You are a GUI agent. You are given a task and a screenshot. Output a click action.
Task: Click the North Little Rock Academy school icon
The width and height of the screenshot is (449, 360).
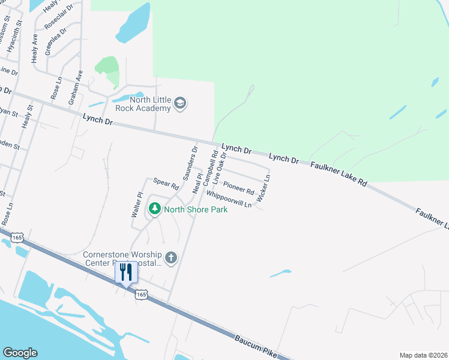click(x=179, y=104)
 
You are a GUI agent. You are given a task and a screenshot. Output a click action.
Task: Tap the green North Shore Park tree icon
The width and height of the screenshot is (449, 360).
click(x=155, y=209)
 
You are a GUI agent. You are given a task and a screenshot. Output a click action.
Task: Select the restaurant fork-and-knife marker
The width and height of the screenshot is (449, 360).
click(x=126, y=273)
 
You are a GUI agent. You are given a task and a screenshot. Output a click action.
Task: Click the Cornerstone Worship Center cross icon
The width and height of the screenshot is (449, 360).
click(x=171, y=258)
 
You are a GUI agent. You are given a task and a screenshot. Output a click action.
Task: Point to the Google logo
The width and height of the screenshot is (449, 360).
click(x=20, y=353)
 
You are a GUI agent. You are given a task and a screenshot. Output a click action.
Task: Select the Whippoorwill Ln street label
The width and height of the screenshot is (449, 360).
click(x=229, y=200)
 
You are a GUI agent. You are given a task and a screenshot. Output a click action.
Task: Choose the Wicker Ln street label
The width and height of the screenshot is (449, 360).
click(x=264, y=187)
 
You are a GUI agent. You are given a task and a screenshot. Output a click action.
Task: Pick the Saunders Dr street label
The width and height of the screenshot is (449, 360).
click(x=190, y=163)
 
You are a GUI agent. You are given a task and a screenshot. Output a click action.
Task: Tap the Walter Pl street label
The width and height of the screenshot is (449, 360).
click(x=137, y=205)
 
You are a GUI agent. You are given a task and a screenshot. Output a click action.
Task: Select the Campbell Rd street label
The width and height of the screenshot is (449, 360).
click(x=209, y=168)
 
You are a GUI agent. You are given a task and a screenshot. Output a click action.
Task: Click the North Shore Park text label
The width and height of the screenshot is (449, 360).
click(x=196, y=209)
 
